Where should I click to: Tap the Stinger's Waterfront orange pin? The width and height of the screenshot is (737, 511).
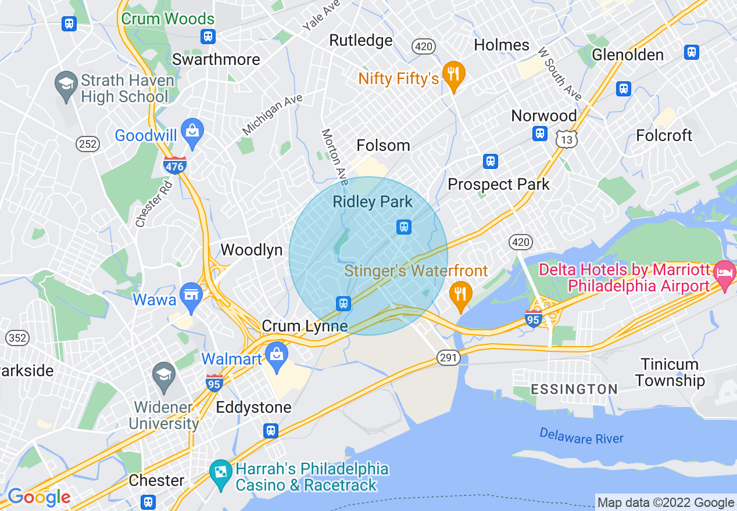coord(460,293)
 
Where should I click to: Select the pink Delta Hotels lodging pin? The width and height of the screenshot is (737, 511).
coord(725,272)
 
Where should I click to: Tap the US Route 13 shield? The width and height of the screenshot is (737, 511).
coord(566,138)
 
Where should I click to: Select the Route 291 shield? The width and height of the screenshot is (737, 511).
coord(448,358)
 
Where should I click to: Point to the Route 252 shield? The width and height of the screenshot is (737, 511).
coord(88,143)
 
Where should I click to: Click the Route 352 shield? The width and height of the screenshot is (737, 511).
coord(17,338)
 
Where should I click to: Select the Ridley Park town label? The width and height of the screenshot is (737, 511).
coord(373,202)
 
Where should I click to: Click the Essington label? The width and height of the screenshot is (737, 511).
coord(573,389)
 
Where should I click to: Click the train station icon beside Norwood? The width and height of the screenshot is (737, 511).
coord(540,134)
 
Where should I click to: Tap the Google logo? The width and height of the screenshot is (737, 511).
coord(39,497)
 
